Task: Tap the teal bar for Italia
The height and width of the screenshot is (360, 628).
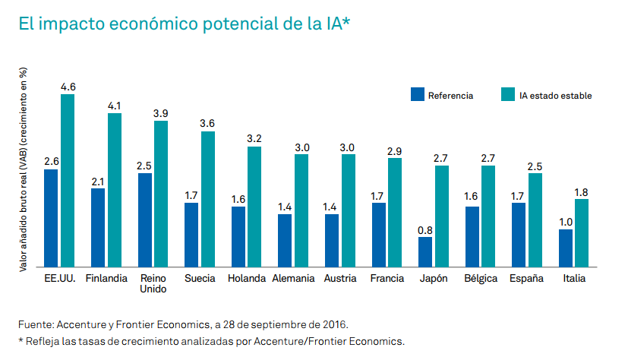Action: point(582,232)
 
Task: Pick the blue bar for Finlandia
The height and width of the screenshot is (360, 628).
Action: point(98,227)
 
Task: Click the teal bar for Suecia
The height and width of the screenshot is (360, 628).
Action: point(208,199)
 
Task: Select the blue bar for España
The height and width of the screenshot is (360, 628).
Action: point(519,235)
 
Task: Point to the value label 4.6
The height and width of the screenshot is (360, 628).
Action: point(68,87)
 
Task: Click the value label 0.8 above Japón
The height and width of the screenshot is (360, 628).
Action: point(425,229)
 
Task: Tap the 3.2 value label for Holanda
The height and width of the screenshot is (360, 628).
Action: point(254,139)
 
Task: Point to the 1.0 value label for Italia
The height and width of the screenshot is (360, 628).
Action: point(565,222)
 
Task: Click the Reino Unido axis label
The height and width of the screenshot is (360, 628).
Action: point(153,283)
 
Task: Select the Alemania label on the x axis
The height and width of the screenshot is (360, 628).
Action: point(293,278)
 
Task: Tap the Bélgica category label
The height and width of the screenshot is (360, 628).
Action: point(480,278)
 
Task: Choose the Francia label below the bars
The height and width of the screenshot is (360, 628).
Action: point(387,278)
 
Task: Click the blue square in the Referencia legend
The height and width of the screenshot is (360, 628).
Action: point(417,95)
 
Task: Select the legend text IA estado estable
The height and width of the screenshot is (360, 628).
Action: point(555,96)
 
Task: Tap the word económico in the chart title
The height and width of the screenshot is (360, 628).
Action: point(125,24)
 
